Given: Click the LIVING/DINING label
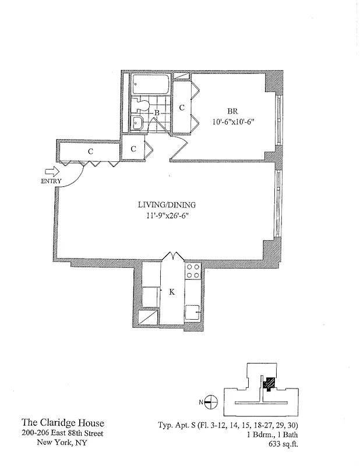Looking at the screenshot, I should (167, 205).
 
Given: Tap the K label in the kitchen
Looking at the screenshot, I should (172, 292).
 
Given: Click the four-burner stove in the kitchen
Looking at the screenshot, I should (193, 271).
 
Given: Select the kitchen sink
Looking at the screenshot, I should (192, 312).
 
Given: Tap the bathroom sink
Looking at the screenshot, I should (138, 123).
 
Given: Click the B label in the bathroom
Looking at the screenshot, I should (157, 113).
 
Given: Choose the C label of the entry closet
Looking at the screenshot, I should (90, 151).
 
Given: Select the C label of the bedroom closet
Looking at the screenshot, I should (182, 108).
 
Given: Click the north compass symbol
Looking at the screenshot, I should (211, 401).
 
